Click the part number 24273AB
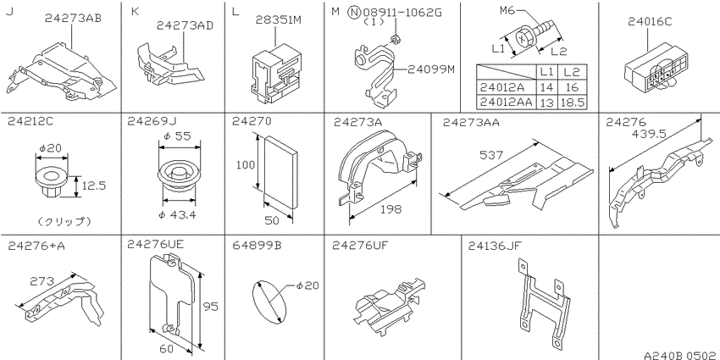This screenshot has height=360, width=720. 73,19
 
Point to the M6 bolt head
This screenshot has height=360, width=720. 524,37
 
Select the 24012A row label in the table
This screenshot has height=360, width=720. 501,86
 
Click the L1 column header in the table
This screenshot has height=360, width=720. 546,72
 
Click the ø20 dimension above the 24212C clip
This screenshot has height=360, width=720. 51,148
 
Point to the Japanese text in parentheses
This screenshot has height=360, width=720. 64,222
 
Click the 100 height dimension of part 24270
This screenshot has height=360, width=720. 245,164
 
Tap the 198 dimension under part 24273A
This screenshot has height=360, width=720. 390,209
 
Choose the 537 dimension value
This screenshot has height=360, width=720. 490,155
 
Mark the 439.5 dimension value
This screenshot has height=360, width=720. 650,134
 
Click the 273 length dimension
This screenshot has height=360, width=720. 42,280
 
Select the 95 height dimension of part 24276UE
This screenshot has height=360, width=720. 210,307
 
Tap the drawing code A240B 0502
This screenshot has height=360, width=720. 681,354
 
